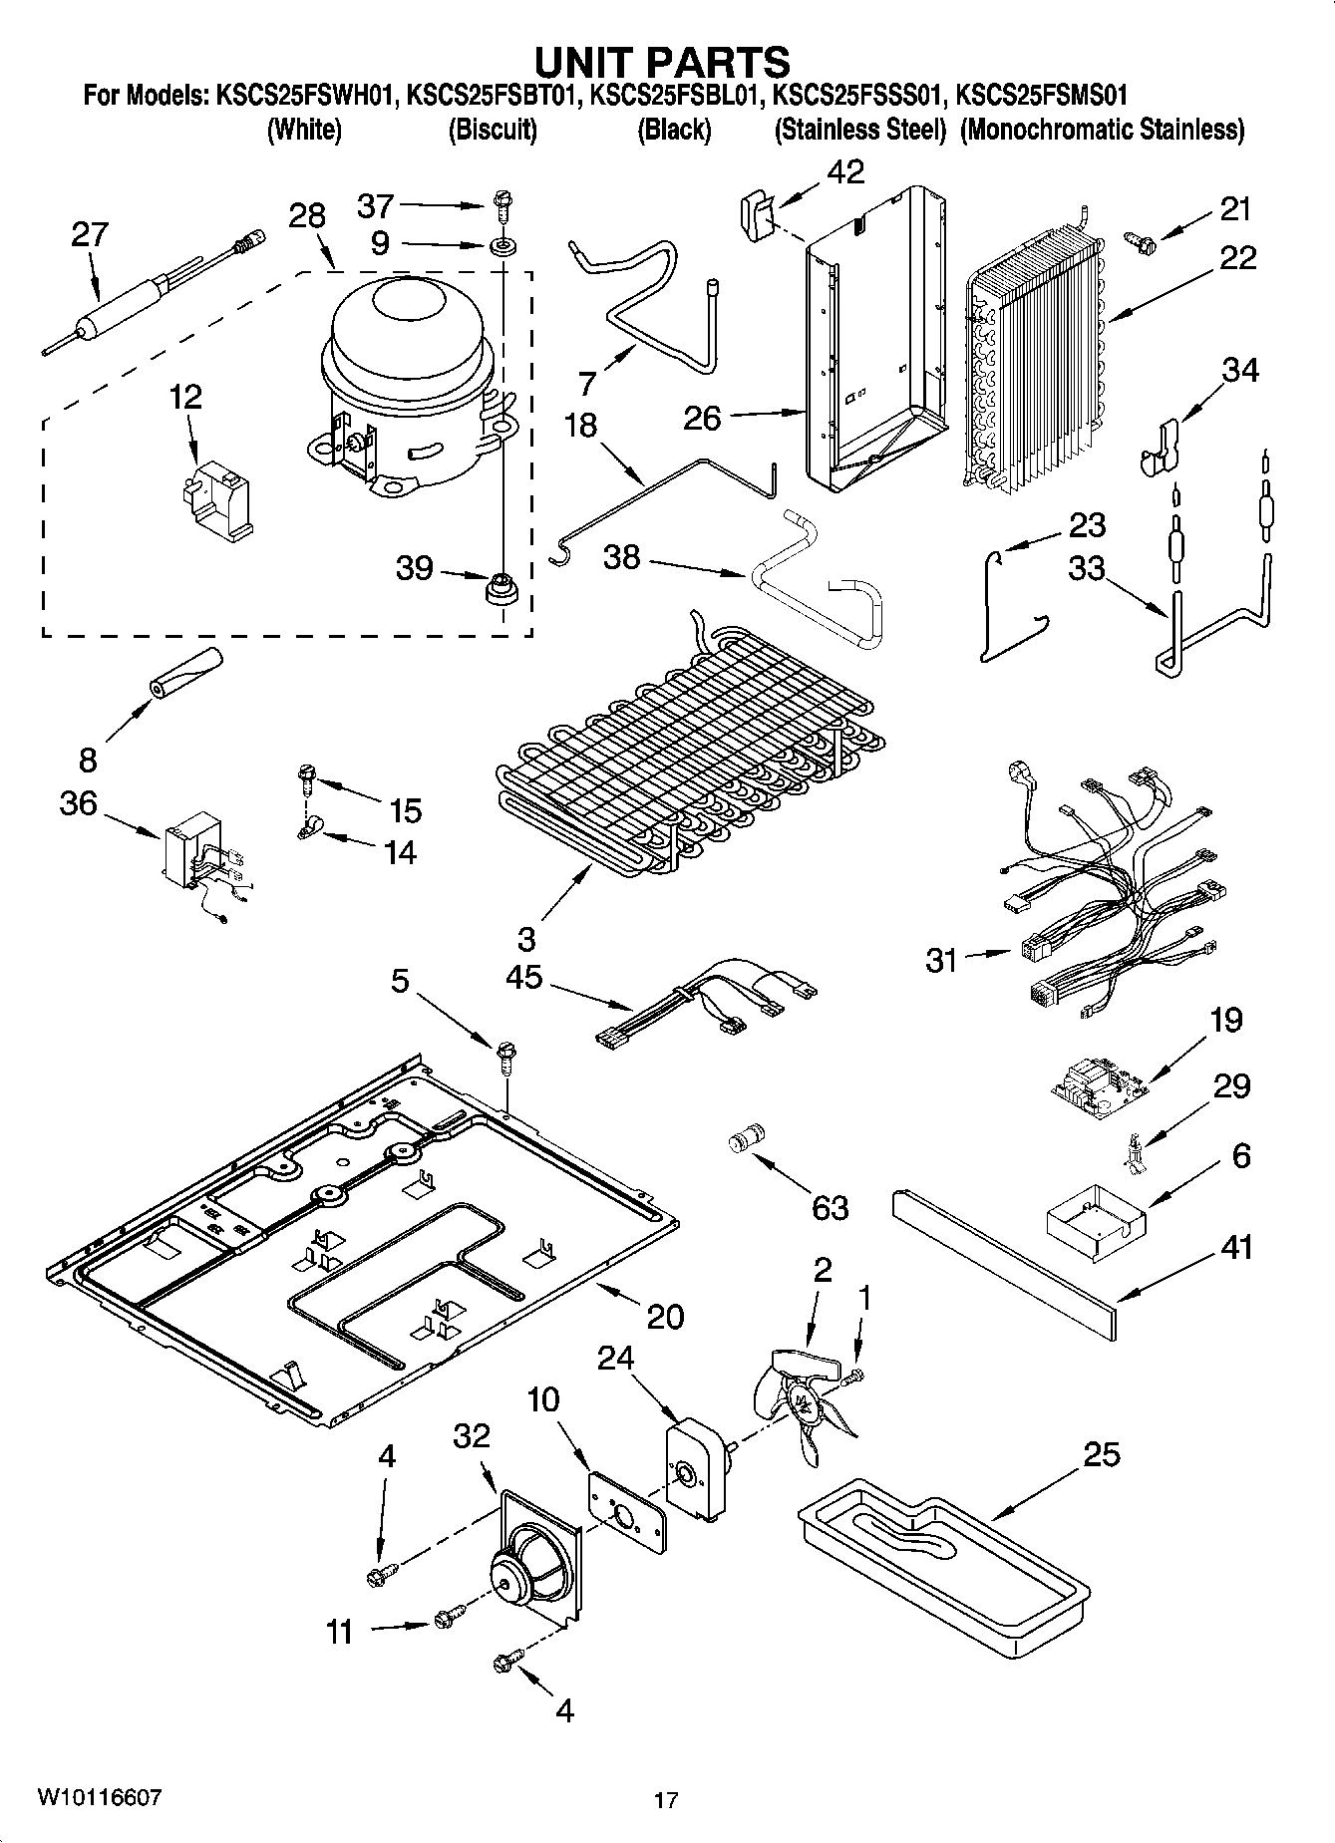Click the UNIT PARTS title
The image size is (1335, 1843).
click(662, 61)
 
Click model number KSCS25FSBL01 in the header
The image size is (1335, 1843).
click(676, 97)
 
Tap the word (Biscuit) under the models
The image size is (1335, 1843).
click(493, 130)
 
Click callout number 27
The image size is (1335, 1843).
click(90, 234)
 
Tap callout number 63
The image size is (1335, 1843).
click(830, 1207)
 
